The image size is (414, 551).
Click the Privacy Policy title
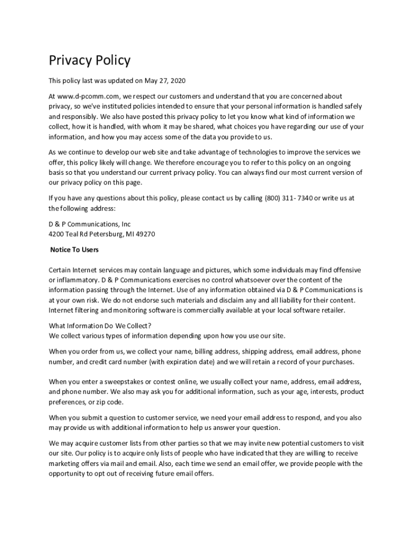89,60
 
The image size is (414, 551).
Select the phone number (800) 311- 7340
289,198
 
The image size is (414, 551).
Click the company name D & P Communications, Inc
90,224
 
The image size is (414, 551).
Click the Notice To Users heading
74,250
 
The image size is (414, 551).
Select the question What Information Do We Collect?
100,326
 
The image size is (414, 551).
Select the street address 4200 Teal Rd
68,234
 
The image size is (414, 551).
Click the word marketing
66,463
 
